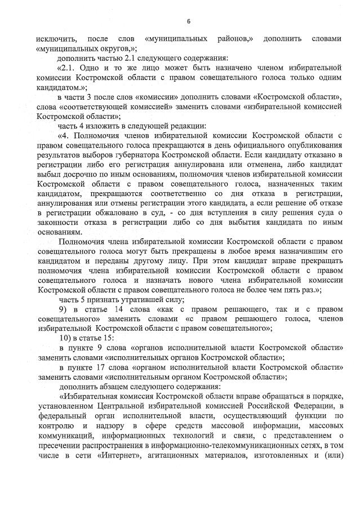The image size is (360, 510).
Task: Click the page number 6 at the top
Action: point(189,21)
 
